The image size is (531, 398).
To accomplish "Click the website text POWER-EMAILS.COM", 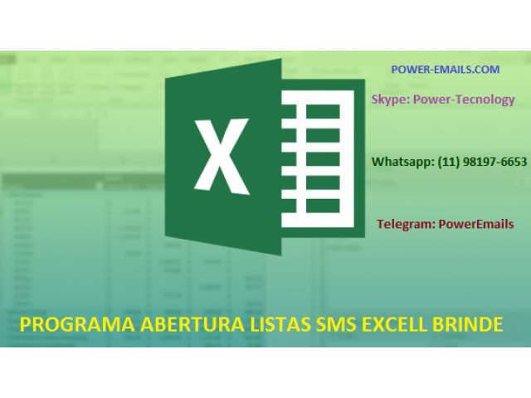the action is [x=446, y=70].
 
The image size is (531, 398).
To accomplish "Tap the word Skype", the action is [x=390, y=99].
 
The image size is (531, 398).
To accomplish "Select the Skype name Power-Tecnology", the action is [x=464, y=99].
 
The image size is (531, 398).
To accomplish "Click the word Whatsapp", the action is [x=402, y=162].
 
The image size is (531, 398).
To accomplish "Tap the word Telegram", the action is [x=406, y=224].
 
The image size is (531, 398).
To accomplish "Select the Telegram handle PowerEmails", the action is [x=476, y=224].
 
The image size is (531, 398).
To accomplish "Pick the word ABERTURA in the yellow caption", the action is [x=192, y=324].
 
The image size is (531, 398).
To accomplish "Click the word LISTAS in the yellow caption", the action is [x=280, y=324].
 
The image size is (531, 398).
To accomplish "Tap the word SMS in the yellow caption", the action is [x=336, y=324].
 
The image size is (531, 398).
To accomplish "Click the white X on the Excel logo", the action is [x=222, y=157].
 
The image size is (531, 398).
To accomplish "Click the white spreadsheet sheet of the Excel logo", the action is [x=318, y=158].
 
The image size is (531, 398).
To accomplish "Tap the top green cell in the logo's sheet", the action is [x=323, y=111].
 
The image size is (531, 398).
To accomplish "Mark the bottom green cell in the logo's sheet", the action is [x=323, y=206].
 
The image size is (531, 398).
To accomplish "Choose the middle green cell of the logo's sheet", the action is [x=323, y=158].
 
